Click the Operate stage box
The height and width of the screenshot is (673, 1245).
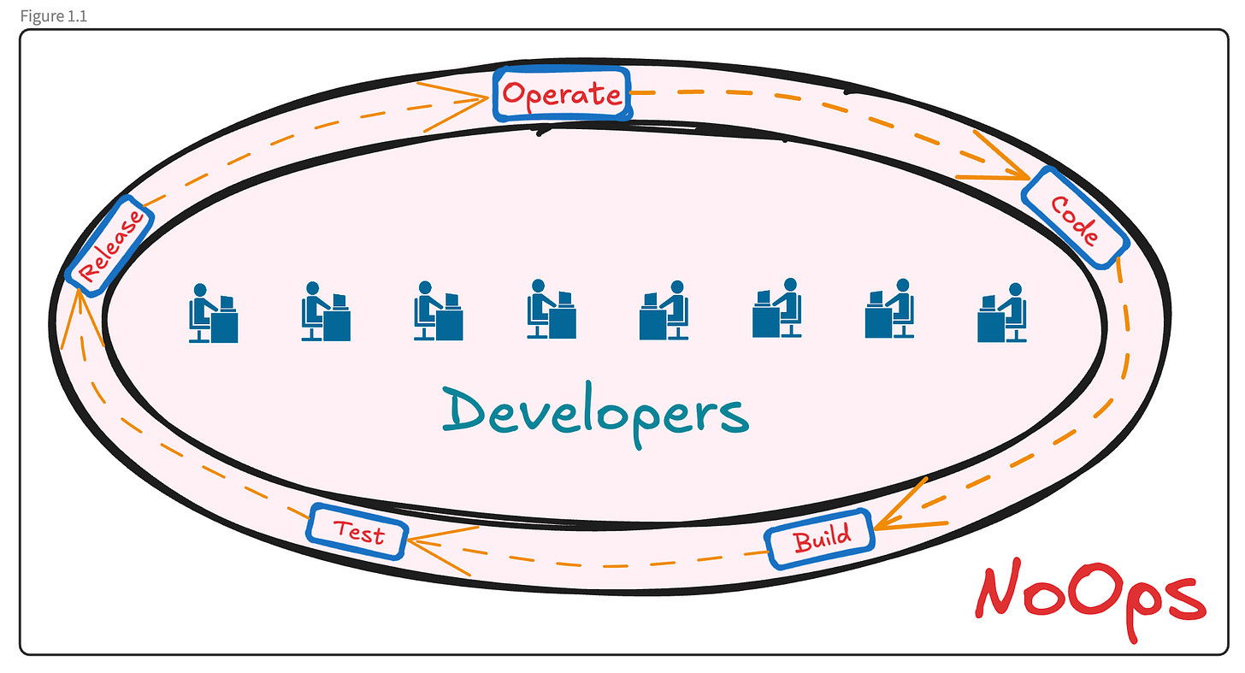click(x=562, y=93)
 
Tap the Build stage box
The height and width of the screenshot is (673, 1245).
click(x=821, y=539)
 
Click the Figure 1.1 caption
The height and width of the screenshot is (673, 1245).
click(x=53, y=16)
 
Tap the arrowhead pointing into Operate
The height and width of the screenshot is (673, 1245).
click(x=479, y=98)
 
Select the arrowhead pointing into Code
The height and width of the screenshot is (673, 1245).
click(x=1018, y=174)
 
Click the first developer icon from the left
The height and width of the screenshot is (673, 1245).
click(x=213, y=313)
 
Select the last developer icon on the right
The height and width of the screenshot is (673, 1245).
click(x=1001, y=313)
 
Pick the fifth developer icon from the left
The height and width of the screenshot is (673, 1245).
click(x=664, y=310)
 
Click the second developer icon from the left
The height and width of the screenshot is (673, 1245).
click(x=324, y=312)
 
